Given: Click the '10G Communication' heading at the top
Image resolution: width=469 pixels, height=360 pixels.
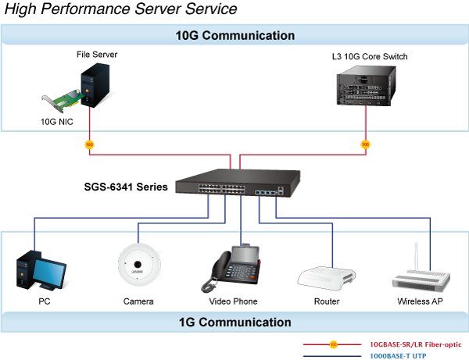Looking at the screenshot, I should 234,35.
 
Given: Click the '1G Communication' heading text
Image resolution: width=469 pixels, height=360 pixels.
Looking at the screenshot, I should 234,322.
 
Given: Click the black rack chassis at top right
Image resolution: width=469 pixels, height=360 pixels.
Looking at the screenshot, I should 365,87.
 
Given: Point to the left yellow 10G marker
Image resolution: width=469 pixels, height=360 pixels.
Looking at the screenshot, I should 89,144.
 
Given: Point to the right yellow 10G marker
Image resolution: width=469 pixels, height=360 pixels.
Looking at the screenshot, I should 365,144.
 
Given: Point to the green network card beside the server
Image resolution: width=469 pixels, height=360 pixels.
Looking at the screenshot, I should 66,98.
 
